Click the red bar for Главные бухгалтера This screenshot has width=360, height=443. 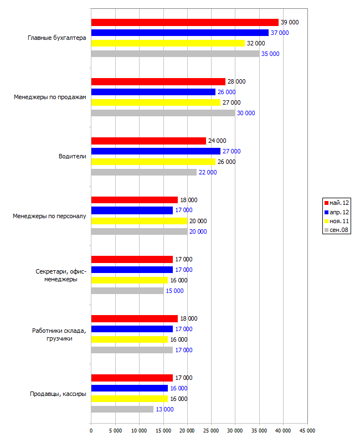click(x=185, y=22)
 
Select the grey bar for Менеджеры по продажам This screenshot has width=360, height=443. click(x=163, y=113)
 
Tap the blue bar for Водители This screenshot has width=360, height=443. click(x=156, y=151)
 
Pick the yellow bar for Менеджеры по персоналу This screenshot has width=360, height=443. click(x=140, y=221)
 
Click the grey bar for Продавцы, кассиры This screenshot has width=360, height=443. click(x=122, y=409)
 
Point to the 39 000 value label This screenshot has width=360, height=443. click(x=290, y=22)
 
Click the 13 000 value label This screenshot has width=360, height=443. click(x=164, y=409)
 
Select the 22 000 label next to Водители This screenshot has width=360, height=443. click(x=208, y=172)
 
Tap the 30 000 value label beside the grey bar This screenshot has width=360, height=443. click(x=246, y=113)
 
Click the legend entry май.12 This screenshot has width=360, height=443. click(x=337, y=203)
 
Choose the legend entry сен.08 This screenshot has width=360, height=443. click(x=336, y=230)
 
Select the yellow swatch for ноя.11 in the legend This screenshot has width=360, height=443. click(x=326, y=221)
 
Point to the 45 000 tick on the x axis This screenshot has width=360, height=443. click(x=307, y=431)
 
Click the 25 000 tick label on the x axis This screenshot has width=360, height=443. click(x=211, y=431)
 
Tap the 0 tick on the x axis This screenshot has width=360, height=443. click(x=91, y=431)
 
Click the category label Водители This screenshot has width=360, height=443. click(x=73, y=156)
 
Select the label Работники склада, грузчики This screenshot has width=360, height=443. click(x=59, y=334)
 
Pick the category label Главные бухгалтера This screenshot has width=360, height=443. click(x=57, y=38)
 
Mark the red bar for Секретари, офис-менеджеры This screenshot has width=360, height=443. click(x=132, y=259)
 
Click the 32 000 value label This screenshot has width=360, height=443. click(x=256, y=43)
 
